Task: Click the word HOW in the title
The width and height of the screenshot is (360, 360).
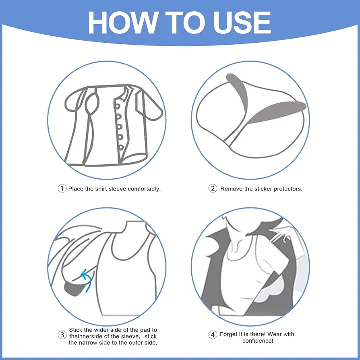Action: pyautogui.click(x=123, y=23)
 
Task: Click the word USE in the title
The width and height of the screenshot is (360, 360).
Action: pyautogui.click(x=242, y=23)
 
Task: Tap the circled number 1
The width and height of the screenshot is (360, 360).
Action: pyautogui.click(x=62, y=189)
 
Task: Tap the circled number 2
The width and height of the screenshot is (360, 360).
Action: pyautogui.click(x=213, y=189)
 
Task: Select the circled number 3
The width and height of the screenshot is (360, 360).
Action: pyautogui.click(x=62, y=335)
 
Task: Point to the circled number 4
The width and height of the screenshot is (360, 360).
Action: pyautogui.click(x=213, y=335)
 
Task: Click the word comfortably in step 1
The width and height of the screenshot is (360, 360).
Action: pyautogui.click(x=144, y=189)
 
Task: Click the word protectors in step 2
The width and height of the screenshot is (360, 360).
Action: pyautogui.click(x=288, y=189)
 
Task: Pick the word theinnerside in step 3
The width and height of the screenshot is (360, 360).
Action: pyautogui.click(x=86, y=336)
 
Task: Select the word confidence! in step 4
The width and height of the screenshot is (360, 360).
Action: pyautogui.click(x=258, y=341)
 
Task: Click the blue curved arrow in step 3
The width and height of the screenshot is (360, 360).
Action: pyautogui.click(x=87, y=279)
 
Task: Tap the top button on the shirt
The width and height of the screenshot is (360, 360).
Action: pyautogui.click(x=117, y=106)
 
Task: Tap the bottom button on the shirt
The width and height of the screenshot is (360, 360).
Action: pyautogui.click(x=121, y=147)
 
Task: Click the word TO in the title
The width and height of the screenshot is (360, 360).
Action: pyautogui.click(x=186, y=23)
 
